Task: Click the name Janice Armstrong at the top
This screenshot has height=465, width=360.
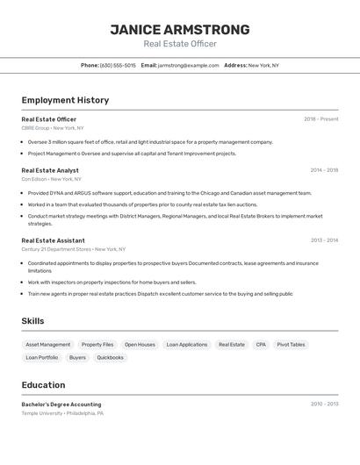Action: (x=179, y=30)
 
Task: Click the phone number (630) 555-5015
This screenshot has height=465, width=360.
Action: (x=118, y=65)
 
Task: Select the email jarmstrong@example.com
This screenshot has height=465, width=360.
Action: (x=188, y=65)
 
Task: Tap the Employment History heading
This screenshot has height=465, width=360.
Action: (x=65, y=100)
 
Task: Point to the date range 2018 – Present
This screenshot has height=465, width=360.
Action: (x=320, y=119)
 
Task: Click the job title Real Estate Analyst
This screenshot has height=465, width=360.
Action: (x=50, y=170)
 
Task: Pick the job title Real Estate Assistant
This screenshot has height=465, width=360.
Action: (x=53, y=240)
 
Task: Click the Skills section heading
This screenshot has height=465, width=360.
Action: (x=32, y=321)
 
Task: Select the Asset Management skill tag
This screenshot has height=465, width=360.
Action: (x=48, y=345)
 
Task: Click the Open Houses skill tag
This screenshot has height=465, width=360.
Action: (x=140, y=345)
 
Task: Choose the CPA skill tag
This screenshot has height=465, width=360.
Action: (x=261, y=345)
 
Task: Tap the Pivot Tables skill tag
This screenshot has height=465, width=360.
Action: (x=291, y=345)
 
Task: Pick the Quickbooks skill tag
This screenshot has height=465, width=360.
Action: (x=110, y=358)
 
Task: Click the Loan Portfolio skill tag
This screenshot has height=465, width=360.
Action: (x=42, y=358)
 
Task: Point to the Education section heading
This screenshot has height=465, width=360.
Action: (x=43, y=384)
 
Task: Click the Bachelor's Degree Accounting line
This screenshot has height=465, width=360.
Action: (x=61, y=404)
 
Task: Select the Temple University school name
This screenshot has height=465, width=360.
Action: (x=40, y=413)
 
